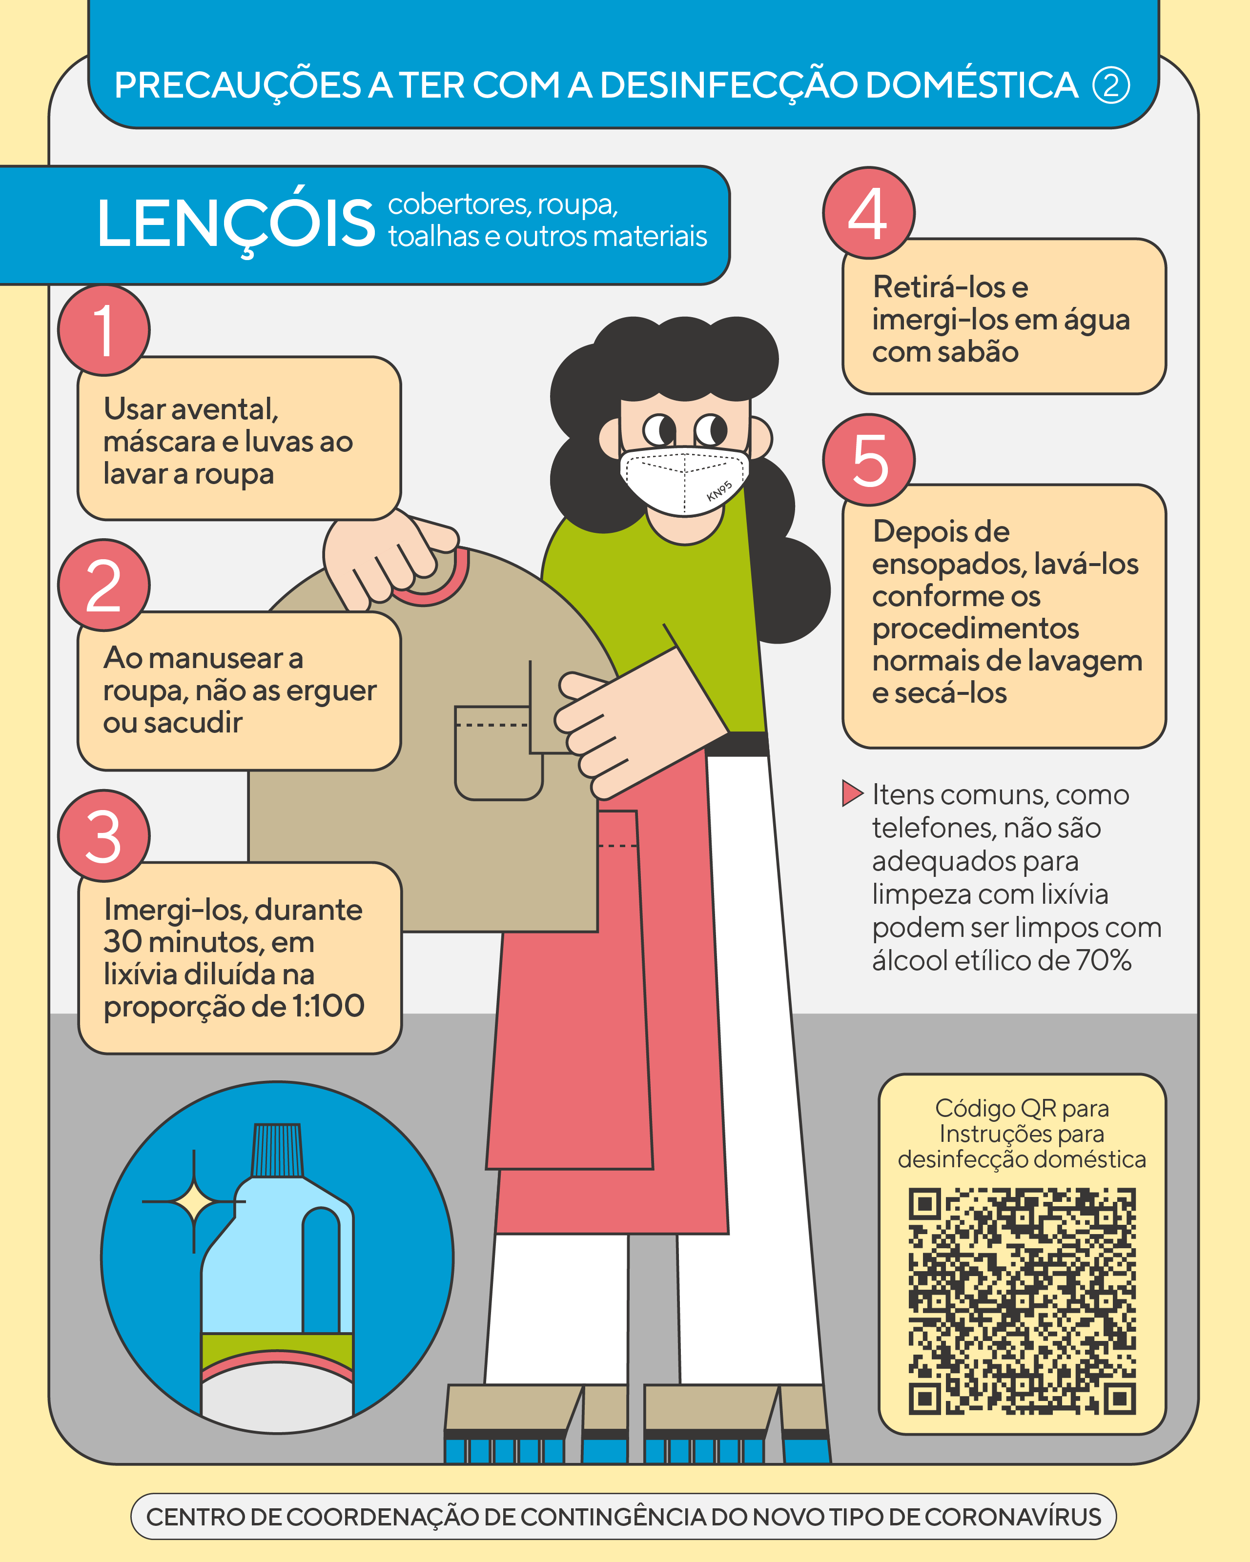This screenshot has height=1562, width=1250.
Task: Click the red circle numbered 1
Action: pos(103,330)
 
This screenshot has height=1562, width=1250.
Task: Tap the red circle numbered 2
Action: pos(103,585)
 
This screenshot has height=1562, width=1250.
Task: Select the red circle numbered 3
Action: pos(103,835)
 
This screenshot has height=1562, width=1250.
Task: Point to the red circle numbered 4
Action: pos(869,213)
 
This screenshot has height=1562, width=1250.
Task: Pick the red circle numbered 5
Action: pos(869,459)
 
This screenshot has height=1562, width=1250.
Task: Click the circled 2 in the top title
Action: pos(1111,85)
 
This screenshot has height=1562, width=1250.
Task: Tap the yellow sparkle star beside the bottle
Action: pos(193,1202)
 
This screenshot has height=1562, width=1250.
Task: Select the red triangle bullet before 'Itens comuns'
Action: pos(853,793)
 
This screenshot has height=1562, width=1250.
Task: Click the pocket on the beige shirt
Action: pos(498,753)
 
